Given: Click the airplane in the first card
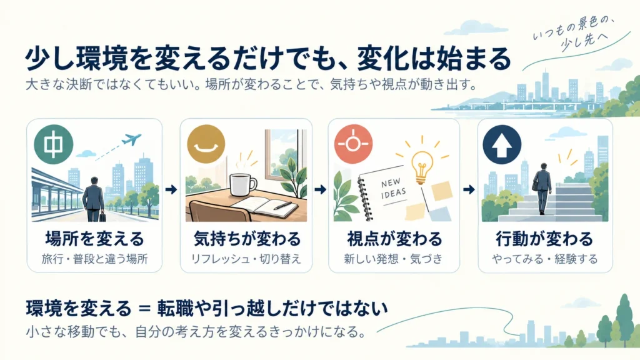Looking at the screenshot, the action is tap(131, 140).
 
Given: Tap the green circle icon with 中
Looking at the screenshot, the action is tap(54, 144).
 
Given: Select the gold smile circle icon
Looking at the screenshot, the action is tap(206, 144).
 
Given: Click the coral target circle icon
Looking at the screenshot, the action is tap(354, 144).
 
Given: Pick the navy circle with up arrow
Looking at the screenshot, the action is tap(502, 144).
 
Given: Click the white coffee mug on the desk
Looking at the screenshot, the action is tap(243, 184).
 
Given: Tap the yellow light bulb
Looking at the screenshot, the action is tap(422, 166).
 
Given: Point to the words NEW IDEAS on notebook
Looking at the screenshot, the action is tap(394, 188).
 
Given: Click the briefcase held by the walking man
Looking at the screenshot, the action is tap(102, 216).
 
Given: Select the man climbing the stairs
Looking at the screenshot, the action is tap(542, 188).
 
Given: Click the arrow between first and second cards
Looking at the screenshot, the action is tap(171, 189).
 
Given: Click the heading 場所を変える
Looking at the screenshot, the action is tap(94, 239).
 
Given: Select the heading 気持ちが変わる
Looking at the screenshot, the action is tap(246, 239).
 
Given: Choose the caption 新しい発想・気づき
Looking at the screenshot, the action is tap(394, 259).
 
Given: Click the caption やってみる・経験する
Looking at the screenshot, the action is tap(544, 259).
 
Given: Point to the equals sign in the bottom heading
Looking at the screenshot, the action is tap(144, 309).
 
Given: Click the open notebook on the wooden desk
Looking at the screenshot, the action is tap(264, 207).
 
